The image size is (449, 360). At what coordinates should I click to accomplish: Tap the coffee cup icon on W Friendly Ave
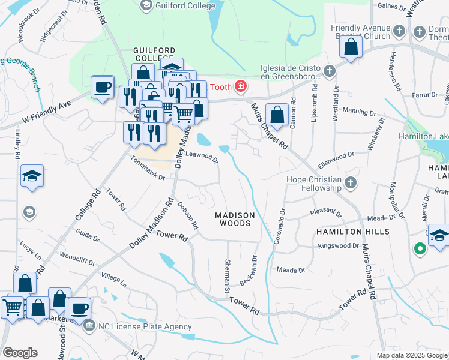[102, 88]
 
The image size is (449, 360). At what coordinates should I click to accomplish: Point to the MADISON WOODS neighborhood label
[235, 219]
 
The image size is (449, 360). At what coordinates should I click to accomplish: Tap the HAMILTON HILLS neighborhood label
[354, 232]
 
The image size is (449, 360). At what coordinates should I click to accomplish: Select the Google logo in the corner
[20, 353]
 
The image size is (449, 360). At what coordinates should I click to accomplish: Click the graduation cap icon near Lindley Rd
[32, 177]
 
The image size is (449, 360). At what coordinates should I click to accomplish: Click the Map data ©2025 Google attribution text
[411, 355]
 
